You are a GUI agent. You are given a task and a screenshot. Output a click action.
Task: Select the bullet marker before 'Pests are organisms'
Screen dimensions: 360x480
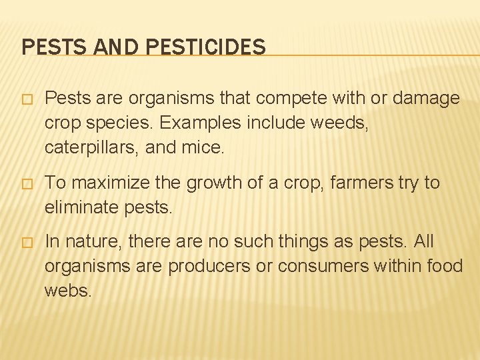coord(27,99)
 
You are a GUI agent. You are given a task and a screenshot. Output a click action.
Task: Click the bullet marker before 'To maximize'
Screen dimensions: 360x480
coord(27,183)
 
